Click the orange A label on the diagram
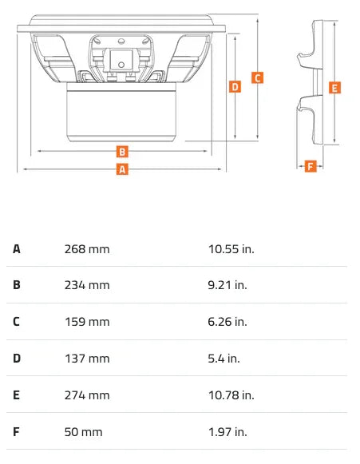(122, 169)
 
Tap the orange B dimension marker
(122, 151)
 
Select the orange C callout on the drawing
(257, 77)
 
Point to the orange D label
(235, 87)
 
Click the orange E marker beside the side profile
(334, 88)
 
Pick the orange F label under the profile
(310, 166)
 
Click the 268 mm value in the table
(87, 249)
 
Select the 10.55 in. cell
(231, 249)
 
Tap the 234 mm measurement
(87, 285)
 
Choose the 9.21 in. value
(227, 285)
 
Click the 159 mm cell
(87, 322)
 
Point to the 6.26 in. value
(227, 322)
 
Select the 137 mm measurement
(87, 359)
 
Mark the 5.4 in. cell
(224, 359)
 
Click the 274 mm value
(87, 395)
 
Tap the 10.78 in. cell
(231, 395)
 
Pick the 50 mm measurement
(84, 432)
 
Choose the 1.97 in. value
(227, 432)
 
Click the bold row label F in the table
(16, 432)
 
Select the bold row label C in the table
(16, 322)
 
